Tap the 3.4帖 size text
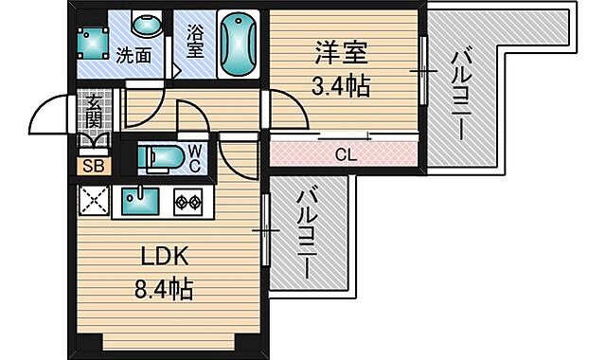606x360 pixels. coord(341,86)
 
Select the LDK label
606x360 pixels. coord(167,256)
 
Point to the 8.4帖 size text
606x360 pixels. coord(167,287)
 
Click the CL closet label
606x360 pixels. coord(346,153)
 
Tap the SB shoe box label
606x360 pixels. coord(94,166)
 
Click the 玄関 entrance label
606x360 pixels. coord(94,112)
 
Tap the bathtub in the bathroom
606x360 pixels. coord(237,45)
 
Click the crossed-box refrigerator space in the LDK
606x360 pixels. coord(94,200)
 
